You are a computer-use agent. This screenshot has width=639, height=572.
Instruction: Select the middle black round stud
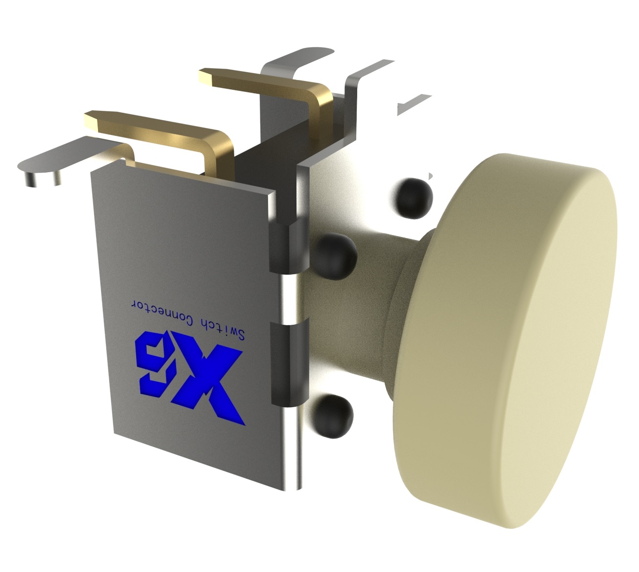333,255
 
